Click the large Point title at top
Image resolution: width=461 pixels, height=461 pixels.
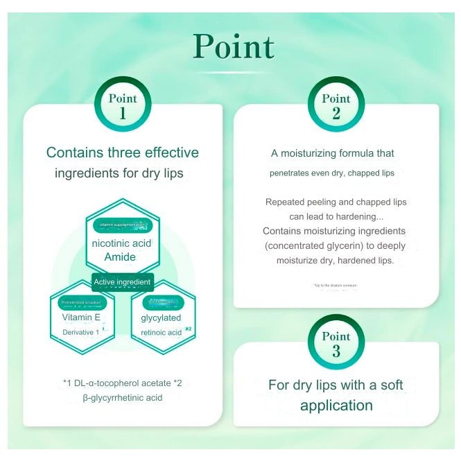click(x=234, y=46)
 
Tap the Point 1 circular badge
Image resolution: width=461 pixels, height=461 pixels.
click(x=123, y=105)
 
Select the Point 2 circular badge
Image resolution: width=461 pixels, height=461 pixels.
click(x=336, y=105)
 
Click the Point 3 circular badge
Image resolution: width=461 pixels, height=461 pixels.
click(x=336, y=342)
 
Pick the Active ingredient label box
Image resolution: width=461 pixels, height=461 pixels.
click(x=123, y=282)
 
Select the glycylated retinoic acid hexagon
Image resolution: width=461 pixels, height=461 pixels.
click(x=162, y=319)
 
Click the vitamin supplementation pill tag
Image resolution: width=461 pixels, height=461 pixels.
click(x=123, y=225)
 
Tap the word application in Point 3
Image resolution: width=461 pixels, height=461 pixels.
click(x=336, y=406)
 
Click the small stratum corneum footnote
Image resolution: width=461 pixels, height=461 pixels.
click(x=336, y=285)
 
